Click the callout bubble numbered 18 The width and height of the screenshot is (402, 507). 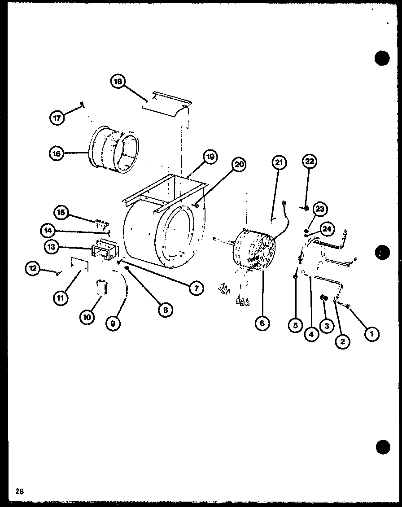pyautogui.click(x=118, y=82)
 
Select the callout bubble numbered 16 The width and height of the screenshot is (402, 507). pyautogui.click(x=56, y=153)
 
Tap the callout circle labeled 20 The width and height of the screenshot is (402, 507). pyautogui.click(x=239, y=165)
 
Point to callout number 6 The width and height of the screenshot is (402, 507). pyautogui.click(x=262, y=323)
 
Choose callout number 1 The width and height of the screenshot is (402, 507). pyautogui.click(x=371, y=333)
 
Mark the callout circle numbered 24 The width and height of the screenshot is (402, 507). pyautogui.click(x=328, y=229)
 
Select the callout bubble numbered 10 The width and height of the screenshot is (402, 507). pyautogui.click(x=87, y=317)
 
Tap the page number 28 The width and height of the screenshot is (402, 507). pyautogui.click(x=19, y=491)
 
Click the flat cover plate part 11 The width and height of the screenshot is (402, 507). pyautogui.click(x=79, y=264)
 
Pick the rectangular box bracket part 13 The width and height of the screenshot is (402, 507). pyautogui.click(x=105, y=250)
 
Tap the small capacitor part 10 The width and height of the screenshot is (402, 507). pyautogui.click(x=101, y=288)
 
